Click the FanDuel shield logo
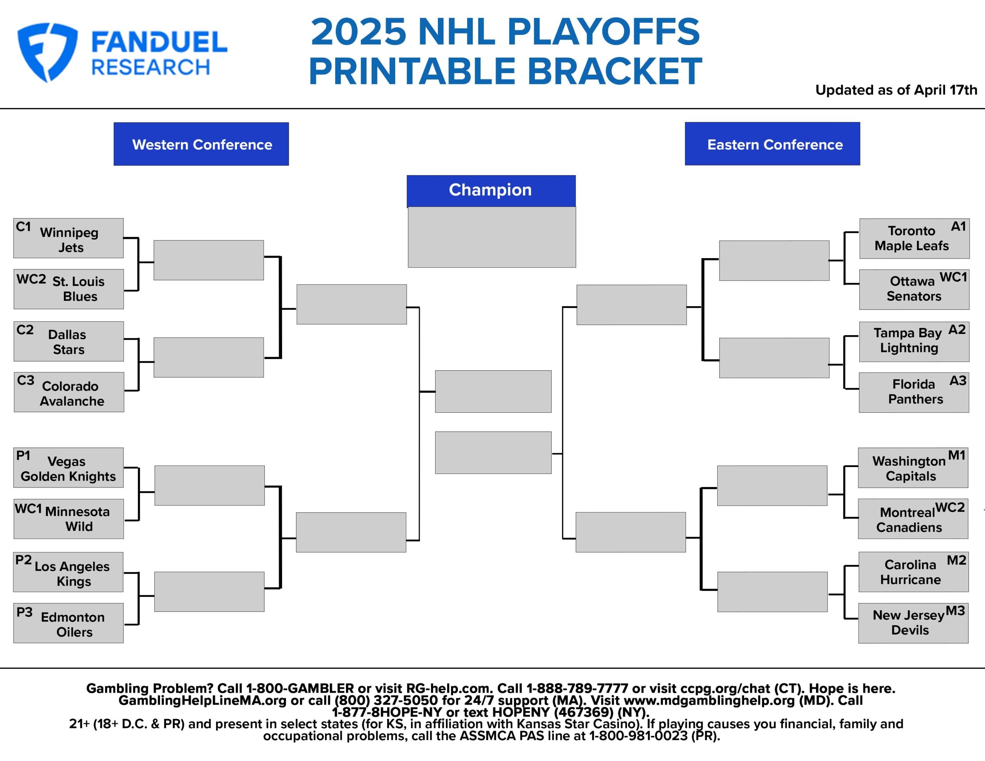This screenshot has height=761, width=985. tap(47, 52)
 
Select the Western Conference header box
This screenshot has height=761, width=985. tap(201, 144)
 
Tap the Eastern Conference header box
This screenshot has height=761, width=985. tap(772, 144)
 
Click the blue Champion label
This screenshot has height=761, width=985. tap(491, 190)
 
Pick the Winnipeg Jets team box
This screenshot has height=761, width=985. tap(68, 239)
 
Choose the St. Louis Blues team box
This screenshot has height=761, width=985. tap(68, 289)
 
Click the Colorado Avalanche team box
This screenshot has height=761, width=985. tap(69, 392)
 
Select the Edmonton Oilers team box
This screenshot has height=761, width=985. tap(68, 623)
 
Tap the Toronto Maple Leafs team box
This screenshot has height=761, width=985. tap(914, 239)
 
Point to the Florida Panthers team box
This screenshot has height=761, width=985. tap(914, 392)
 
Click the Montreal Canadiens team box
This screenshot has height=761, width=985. tap(913, 519)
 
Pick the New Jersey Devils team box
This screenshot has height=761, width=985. tap(913, 623)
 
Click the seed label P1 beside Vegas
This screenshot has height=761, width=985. tap(23, 456)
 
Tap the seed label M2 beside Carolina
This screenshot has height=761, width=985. tap(956, 560)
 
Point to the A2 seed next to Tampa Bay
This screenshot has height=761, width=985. tap(957, 330)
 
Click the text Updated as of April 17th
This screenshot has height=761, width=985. tap(896, 90)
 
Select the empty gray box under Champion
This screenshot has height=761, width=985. tap(492, 237)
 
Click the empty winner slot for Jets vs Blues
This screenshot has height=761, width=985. tap(209, 260)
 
